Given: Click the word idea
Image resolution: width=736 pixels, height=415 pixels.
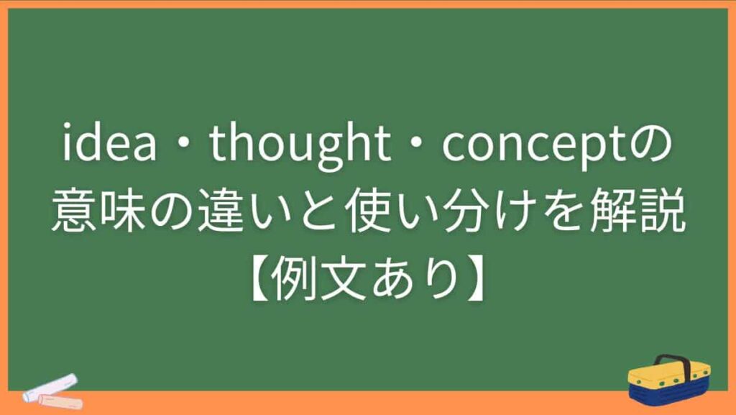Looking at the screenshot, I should (110, 147).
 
